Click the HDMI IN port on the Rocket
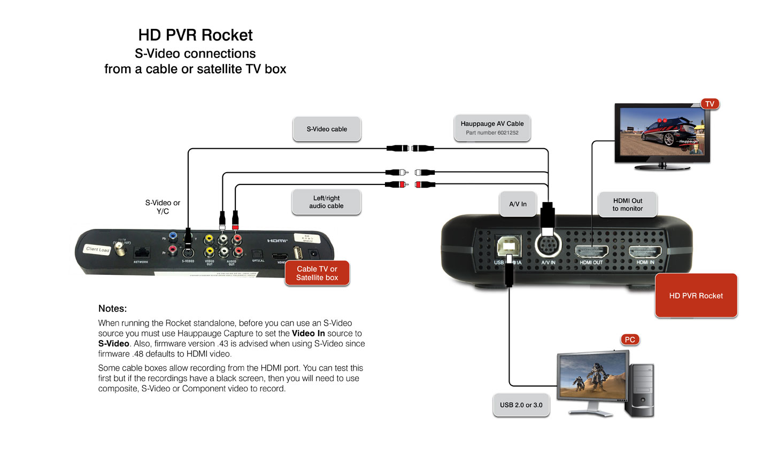pos(645,251)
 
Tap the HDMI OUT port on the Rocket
pos(591,251)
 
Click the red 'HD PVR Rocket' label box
pos(696,296)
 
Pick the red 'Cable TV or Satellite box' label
pos(317,273)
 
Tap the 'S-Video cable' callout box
pos(327,129)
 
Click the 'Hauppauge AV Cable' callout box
pos(492,128)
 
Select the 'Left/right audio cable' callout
pos(326,202)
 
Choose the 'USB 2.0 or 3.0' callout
pos(521,405)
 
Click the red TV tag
pos(710,104)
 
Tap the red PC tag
pos(630,340)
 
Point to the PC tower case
pos(642,390)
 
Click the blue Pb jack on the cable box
pos(173,236)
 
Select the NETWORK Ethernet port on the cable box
pos(141,252)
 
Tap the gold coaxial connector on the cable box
pos(121,249)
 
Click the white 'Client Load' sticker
pos(98,249)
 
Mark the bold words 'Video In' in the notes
pos(308,333)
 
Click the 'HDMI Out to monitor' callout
pos(627,205)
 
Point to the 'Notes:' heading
pos(112,309)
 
